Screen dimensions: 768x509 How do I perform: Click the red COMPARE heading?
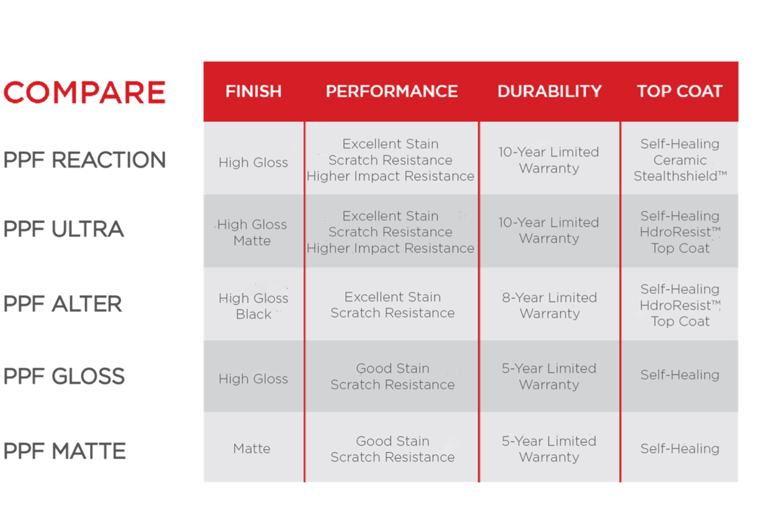[x=85, y=92]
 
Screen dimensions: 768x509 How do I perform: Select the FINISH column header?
[x=254, y=92]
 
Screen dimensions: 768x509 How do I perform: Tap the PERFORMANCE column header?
[x=392, y=92]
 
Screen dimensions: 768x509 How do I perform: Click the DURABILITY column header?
[x=549, y=92]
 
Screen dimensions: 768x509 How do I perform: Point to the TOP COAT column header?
[x=679, y=92]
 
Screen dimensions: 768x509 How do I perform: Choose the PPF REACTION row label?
[x=85, y=160]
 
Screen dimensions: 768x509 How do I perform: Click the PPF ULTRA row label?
[x=64, y=229]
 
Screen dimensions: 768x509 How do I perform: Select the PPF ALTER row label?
[x=63, y=304]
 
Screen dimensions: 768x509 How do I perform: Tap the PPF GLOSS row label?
[x=64, y=376]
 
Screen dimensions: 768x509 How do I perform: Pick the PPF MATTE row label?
[x=65, y=451]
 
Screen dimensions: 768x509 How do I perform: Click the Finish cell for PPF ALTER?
[x=254, y=306]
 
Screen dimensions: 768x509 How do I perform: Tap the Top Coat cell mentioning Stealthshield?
[x=680, y=160]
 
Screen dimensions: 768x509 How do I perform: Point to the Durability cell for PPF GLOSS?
[x=549, y=376]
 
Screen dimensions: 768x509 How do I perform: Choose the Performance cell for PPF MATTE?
[x=392, y=449]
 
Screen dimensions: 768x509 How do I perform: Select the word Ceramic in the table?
[x=680, y=160]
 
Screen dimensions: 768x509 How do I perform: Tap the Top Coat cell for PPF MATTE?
[x=680, y=449]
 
